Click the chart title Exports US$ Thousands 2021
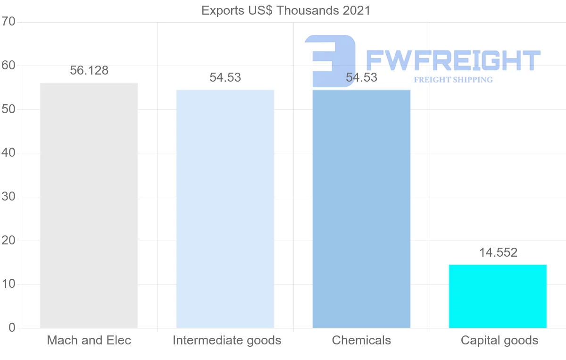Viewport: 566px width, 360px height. click(286, 10)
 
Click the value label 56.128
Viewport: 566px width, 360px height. click(89, 71)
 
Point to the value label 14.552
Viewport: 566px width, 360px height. click(498, 252)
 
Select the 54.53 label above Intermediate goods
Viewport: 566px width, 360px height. click(225, 78)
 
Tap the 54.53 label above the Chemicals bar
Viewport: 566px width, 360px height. click(361, 78)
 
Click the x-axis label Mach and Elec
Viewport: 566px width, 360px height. click(89, 340)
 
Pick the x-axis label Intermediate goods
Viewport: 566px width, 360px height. click(227, 340)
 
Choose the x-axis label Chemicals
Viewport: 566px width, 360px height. click(361, 340)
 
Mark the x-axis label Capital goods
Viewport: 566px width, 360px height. click(499, 340)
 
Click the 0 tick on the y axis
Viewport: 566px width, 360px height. click(11, 328)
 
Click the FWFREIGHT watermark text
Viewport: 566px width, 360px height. click(453, 60)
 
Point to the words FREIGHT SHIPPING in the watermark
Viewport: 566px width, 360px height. click(453, 80)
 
